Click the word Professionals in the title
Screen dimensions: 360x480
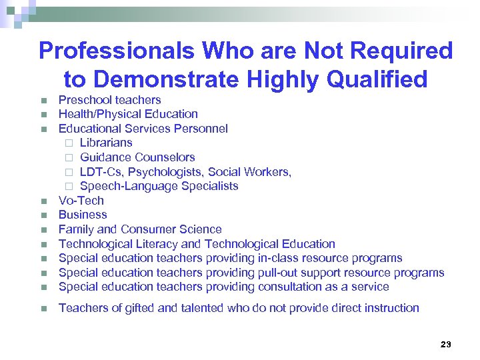click(x=116, y=51)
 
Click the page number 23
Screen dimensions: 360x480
click(x=446, y=344)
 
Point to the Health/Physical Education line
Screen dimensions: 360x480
click(x=128, y=114)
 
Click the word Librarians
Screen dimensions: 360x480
click(x=106, y=143)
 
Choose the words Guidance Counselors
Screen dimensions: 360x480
click(x=137, y=157)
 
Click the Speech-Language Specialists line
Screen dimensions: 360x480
click(x=159, y=186)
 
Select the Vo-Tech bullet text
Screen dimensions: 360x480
click(x=81, y=201)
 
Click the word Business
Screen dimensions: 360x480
click(x=83, y=215)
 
